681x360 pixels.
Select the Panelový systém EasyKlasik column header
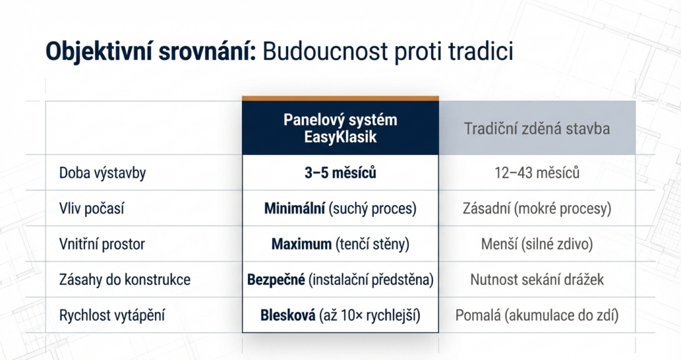pos(340,128)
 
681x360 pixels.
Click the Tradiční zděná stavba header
pos(537,128)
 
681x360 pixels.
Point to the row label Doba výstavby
pos(102,174)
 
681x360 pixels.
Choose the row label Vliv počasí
pos(92,209)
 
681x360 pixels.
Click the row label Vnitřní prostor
pos(102,244)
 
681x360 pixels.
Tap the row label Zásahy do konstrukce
pos(124,279)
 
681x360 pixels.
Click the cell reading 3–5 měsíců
pos(340,174)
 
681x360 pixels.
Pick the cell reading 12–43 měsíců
pos(537,174)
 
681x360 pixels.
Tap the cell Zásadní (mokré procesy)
pos(537,209)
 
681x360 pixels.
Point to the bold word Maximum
pos(301,244)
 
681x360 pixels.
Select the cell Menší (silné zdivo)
pos(537,244)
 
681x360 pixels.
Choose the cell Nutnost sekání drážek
pos(537,279)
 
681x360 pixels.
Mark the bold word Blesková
pos(289,315)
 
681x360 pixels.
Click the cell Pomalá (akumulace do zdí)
pos(537,315)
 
